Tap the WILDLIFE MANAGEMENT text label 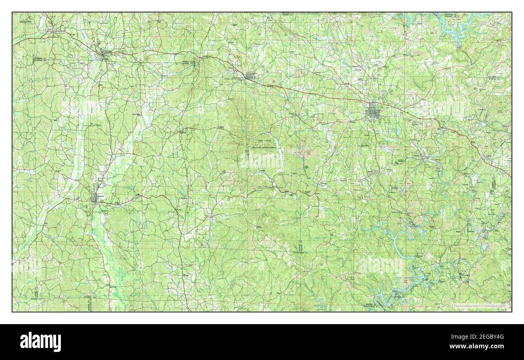pyautogui.click(x=264, y=148)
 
